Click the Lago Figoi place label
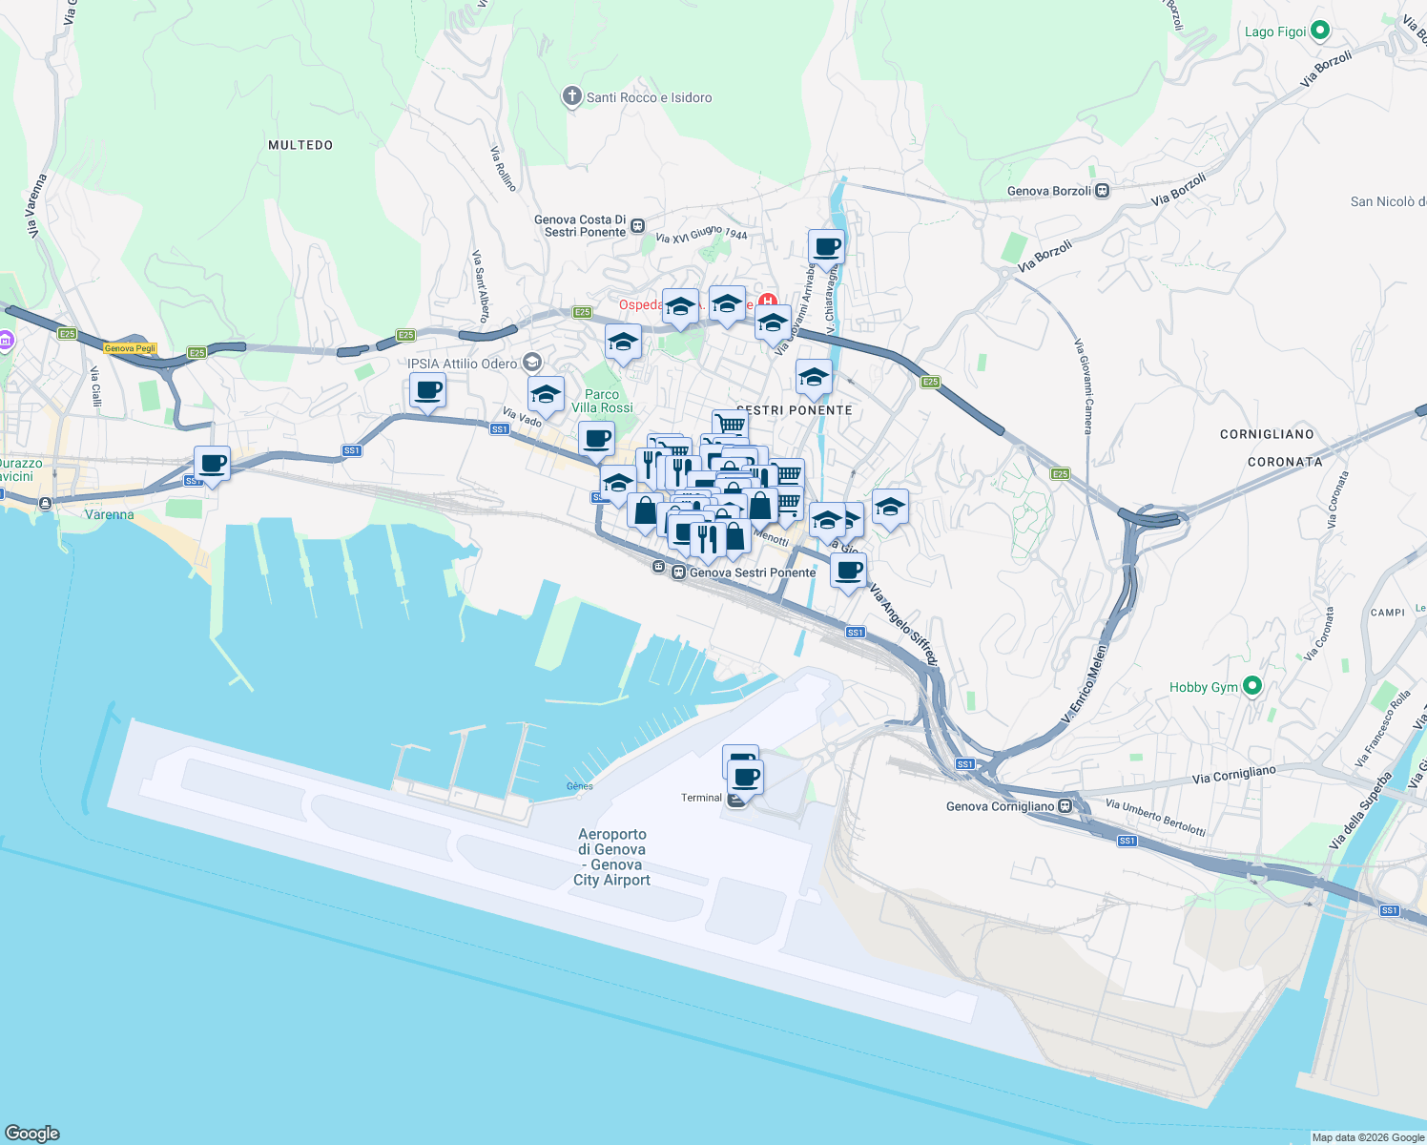pyautogui.click(x=1275, y=31)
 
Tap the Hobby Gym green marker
pyautogui.click(x=1252, y=686)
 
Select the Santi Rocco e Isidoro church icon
pyautogui.click(x=571, y=96)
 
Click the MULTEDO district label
pyautogui.click(x=300, y=145)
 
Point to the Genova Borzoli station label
pyautogui.click(x=1048, y=191)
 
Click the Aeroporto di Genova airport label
pyautogui.click(x=611, y=857)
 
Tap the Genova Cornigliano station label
pyautogui.click(x=1000, y=806)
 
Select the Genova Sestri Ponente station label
pyautogui.click(x=752, y=572)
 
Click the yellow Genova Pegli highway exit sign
pyautogui.click(x=130, y=348)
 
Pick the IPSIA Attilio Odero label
pyautogui.click(x=462, y=364)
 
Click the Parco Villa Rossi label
pyautogui.click(x=602, y=401)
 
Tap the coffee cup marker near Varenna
pyautogui.click(x=212, y=465)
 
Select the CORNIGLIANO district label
pyautogui.click(x=1267, y=434)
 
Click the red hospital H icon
pyautogui.click(x=768, y=302)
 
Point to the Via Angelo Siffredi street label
pyautogui.click(x=903, y=625)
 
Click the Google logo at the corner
pyautogui.click(x=31, y=1133)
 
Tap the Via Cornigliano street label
pyautogui.click(x=1233, y=775)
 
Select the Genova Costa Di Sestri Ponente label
pyautogui.click(x=580, y=225)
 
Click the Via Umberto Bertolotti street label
pyautogui.click(x=1155, y=818)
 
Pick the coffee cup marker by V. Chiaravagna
pyautogui.click(x=826, y=247)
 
